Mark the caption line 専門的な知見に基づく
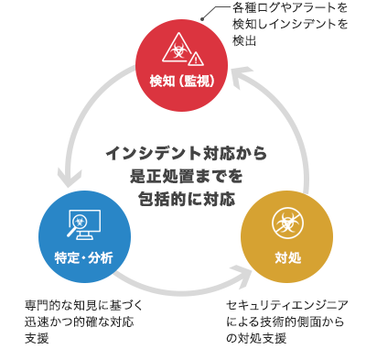click(83, 305)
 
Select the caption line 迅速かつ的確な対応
click(83, 322)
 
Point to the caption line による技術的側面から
click(287, 322)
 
